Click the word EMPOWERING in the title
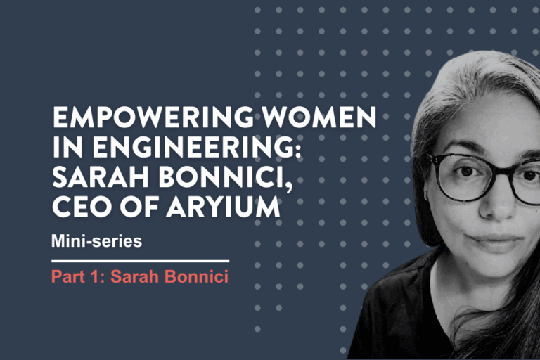[153, 117]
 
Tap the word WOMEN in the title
[319, 117]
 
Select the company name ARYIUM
[223, 207]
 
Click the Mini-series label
[96, 240]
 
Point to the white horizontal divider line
[140, 261]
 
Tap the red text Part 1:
[78, 276]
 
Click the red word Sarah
[135, 276]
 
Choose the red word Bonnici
[196, 276]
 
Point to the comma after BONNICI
[289, 186]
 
